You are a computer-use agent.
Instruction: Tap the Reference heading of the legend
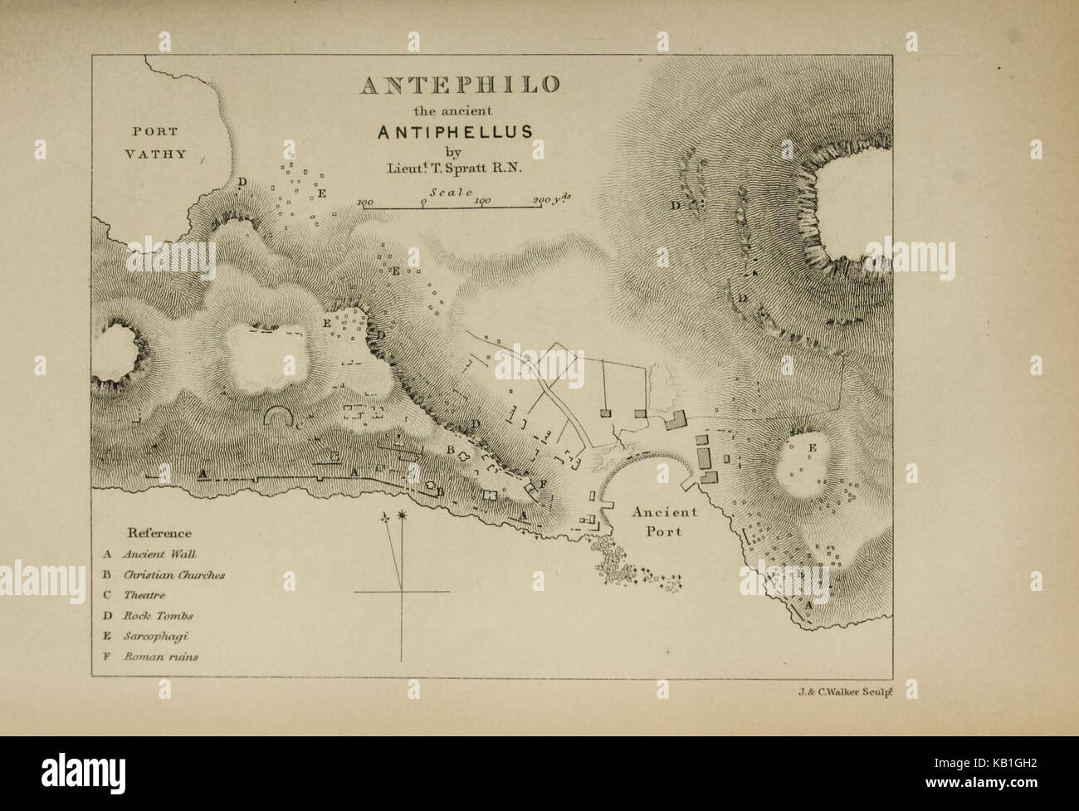[159, 533]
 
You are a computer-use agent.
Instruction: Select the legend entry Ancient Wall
[159, 554]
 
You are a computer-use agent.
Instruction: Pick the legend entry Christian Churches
[173, 574]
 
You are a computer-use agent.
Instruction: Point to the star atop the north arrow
[403, 517]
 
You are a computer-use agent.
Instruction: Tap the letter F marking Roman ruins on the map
[542, 483]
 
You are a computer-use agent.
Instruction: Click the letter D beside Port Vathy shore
[241, 181]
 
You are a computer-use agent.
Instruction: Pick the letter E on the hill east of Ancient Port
[812, 448]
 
